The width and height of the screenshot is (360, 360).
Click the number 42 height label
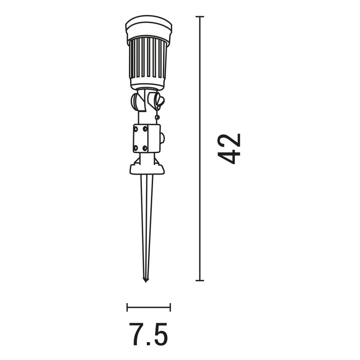coord(229,148)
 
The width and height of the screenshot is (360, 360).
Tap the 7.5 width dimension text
coord(148,334)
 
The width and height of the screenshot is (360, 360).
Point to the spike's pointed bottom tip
coord(146,281)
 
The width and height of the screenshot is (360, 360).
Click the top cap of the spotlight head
coord(148,26)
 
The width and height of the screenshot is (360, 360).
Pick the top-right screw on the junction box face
coord(145,129)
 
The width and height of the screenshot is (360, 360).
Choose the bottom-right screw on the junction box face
coord(145,148)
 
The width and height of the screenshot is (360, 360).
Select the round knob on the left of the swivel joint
coord(136,102)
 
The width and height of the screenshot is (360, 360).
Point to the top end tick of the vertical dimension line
coord(199,17)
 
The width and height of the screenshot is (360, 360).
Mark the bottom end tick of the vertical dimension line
coord(199,280)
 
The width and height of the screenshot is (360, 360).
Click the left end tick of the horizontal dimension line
coord(127,307)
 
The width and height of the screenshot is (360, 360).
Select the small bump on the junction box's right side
coord(162,138)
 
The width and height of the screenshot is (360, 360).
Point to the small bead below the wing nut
coord(157,117)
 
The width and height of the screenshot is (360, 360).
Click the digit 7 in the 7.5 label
coord(136,334)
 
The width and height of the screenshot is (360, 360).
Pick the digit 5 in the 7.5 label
coord(160,334)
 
